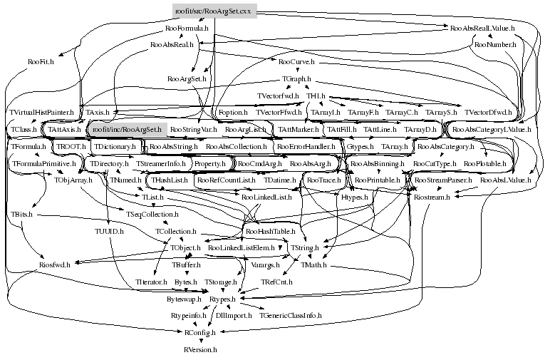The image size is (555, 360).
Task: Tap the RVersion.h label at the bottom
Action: point(199,350)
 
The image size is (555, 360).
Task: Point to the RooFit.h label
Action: point(41,63)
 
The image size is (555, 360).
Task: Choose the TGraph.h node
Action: point(296,78)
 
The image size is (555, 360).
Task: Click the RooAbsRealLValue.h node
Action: point(482,29)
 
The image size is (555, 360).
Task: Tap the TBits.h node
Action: point(22,214)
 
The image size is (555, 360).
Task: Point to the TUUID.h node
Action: point(109,232)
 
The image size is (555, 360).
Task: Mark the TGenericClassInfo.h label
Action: point(290,315)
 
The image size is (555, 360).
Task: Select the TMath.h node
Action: point(313,264)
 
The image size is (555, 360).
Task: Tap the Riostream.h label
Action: point(432,197)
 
